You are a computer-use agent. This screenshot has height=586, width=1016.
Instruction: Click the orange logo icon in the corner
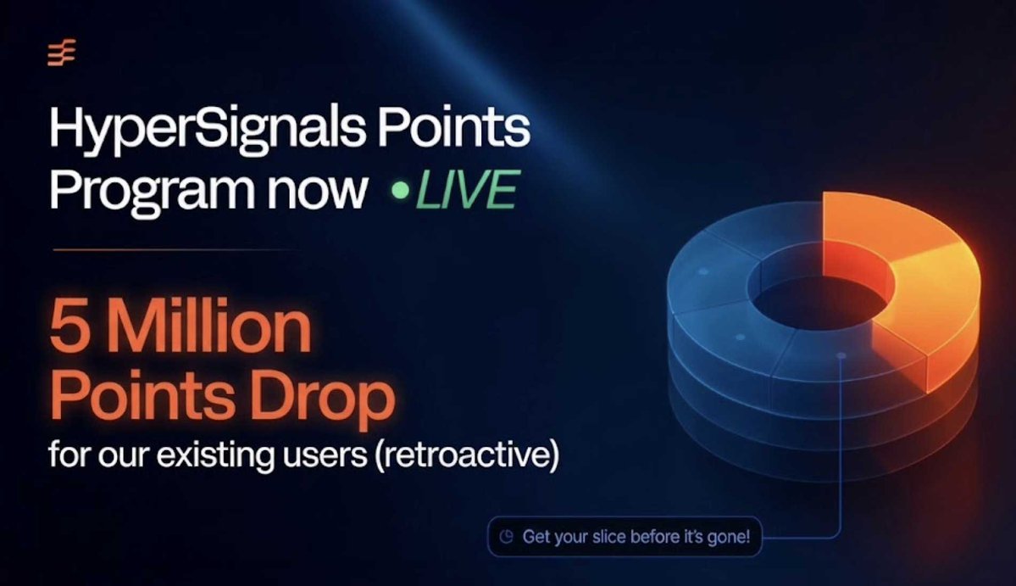62,53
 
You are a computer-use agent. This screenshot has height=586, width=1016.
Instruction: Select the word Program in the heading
152,192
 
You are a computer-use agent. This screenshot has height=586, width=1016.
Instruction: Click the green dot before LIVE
401,191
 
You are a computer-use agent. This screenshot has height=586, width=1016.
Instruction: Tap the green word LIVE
467,190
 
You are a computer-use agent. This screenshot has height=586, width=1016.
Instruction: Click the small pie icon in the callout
506,537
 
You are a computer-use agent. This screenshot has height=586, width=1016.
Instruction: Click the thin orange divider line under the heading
175,249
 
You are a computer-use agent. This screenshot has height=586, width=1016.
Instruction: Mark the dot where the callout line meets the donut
841,356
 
